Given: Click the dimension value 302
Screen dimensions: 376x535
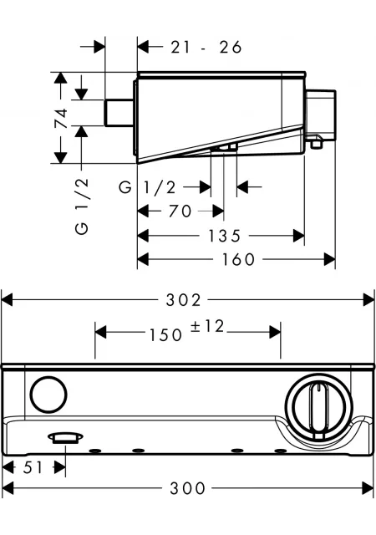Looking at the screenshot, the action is pyautogui.click(x=183, y=300).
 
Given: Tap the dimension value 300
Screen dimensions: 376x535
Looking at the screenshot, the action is pyautogui.click(x=187, y=488).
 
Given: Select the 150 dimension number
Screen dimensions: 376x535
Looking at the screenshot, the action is pyautogui.click(x=165, y=335).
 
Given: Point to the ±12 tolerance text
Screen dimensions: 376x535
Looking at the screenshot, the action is pyautogui.click(x=207, y=326).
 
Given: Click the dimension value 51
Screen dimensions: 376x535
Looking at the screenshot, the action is pyautogui.click(x=33, y=467).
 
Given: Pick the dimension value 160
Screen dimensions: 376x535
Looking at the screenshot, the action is pyautogui.click(x=238, y=259).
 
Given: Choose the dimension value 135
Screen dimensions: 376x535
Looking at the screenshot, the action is pyautogui.click(x=224, y=236).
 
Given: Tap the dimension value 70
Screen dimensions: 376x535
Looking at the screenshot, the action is pyautogui.click(x=180, y=211).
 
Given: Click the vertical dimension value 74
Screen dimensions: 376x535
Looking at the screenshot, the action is pyautogui.click(x=62, y=118).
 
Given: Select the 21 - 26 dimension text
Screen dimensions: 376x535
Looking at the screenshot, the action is pyautogui.click(x=206, y=47).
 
